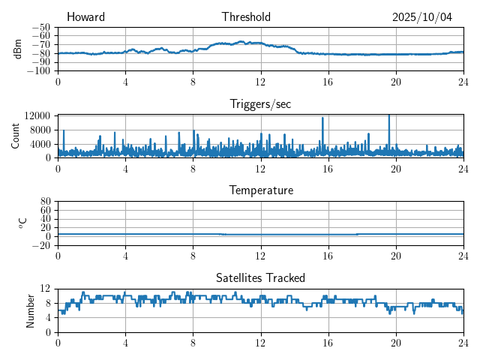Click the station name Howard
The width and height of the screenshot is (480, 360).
(x=85, y=17)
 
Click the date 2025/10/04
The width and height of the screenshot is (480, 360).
(x=422, y=17)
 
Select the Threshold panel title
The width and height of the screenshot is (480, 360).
(x=246, y=17)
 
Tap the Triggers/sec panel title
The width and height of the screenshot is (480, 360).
(x=260, y=104)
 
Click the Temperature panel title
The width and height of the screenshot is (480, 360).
(x=261, y=190)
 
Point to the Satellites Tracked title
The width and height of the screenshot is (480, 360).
(x=260, y=277)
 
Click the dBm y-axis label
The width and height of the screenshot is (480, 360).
(x=18, y=49)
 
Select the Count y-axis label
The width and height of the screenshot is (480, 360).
(x=15, y=136)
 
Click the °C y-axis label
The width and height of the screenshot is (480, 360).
(x=22, y=223)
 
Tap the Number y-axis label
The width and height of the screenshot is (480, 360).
(x=30, y=310)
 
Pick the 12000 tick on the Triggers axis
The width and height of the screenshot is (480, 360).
(x=37, y=115)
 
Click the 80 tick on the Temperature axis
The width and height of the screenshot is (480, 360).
(x=45, y=201)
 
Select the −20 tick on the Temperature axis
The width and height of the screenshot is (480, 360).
(x=42, y=245)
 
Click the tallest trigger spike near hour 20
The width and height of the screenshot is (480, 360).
(x=389, y=116)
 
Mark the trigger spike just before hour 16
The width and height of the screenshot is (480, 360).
(x=322, y=118)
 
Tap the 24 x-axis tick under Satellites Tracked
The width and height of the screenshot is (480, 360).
(x=463, y=341)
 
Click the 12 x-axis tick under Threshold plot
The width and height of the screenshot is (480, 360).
(x=260, y=81)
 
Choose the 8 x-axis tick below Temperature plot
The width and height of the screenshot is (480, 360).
(x=193, y=254)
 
